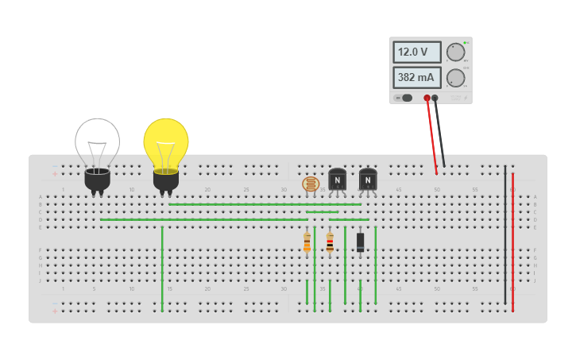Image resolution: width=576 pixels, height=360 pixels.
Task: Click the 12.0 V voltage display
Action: [x=416, y=52]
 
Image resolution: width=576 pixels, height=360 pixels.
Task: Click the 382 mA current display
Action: [x=416, y=77]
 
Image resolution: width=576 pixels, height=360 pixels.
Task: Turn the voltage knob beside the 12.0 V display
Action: [x=455, y=52]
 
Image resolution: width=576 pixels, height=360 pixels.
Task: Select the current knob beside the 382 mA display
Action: [x=455, y=78]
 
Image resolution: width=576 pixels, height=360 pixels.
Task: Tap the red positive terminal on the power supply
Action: [x=427, y=98]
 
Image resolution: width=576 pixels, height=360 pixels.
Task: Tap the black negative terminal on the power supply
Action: [x=435, y=98]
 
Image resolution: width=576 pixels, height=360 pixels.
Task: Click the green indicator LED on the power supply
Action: [x=466, y=42]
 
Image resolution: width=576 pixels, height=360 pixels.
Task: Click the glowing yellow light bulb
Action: [x=166, y=143]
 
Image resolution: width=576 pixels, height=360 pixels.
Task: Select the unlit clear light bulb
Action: [x=98, y=143]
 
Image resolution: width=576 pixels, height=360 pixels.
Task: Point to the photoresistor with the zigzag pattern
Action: [x=311, y=184]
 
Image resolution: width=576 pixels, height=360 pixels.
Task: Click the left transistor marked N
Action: [x=338, y=179]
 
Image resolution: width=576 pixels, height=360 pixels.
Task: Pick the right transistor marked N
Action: [x=368, y=179]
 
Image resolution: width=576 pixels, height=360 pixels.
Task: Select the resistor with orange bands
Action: [x=307, y=242]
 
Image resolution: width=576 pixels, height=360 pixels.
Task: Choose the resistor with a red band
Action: [x=330, y=242]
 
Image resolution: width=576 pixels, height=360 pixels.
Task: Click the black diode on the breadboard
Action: [x=360, y=242]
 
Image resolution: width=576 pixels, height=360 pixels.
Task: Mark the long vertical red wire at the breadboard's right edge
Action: [x=512, y=238]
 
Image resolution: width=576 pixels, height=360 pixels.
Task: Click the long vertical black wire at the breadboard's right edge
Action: [x=504, y=238]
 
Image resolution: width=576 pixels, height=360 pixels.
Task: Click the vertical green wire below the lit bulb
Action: [x=162, y=266]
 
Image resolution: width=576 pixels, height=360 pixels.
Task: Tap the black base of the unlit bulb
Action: [x=98, y=180]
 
